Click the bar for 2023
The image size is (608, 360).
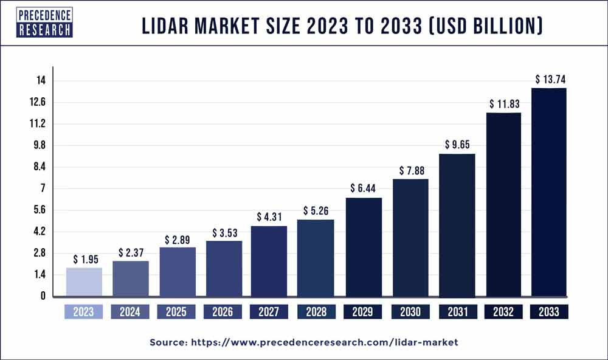coord(84,282)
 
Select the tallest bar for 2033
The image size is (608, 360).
coord(549,192)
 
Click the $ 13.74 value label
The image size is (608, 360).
coord(549,79)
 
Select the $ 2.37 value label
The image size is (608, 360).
coord(130,252)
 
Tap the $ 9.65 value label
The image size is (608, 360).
coord(457,145)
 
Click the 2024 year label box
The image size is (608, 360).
coord(130,312)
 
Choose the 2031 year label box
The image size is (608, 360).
coord(457,312)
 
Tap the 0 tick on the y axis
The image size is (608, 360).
coord(43,296)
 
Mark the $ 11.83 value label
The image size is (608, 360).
coord(503,103)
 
